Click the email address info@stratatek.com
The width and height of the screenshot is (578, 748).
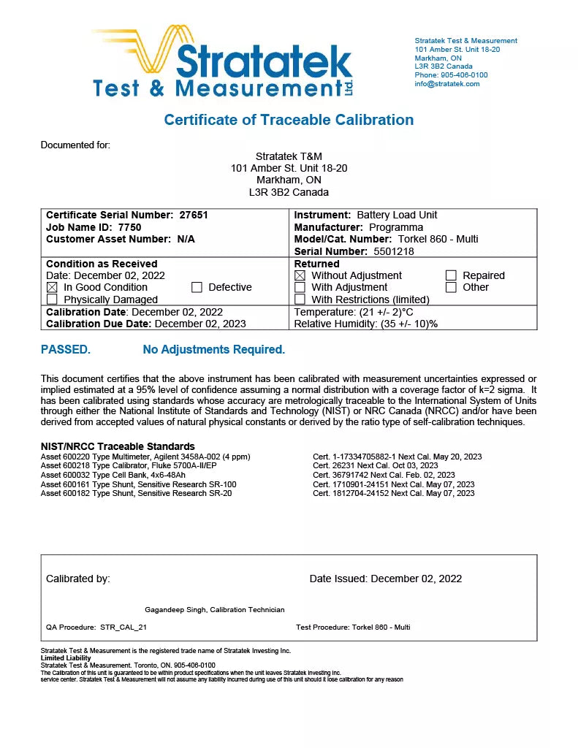pos(447,84)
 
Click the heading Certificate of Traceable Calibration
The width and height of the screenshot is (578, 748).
pos(289,120)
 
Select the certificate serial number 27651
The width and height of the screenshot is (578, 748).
pos(194,215)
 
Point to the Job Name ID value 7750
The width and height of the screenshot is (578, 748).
pos(129,227)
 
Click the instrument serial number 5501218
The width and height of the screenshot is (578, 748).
pos(394,251)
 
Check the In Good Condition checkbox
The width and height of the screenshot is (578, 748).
pos(52,288)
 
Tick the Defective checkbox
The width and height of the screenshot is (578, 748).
pos(197,288)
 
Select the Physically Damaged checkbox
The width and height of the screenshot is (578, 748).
pos(52,299)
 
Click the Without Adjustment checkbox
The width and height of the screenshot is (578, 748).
pos(300,276)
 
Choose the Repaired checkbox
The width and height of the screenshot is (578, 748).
pos(451,276)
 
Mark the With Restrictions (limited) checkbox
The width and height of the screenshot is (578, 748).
pos(300,299)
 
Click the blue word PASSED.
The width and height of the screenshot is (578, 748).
pos(66,350)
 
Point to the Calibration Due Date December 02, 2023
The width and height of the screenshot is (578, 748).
pos(200,324)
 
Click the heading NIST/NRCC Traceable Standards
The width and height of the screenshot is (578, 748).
pos(118,446)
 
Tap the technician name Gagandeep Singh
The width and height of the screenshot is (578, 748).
pos(176,610)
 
